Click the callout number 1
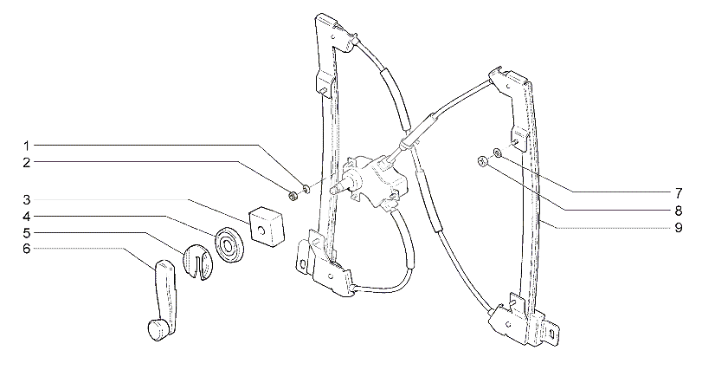[27, 146]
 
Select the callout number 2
[27, 163]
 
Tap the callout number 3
[27, 200]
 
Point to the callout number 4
[27, 217]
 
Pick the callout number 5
[27, 233]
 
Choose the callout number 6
[27, 249]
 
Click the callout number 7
[679, 193]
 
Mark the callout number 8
[679, 211]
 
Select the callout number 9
[679, 228]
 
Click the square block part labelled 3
[267, 225]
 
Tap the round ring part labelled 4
[229, 245]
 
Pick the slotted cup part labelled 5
[199, 262]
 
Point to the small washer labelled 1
[306, 189]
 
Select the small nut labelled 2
[293, 196]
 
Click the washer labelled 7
[498, 153]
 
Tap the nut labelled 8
[483, 161]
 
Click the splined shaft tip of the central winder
[333, 190]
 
